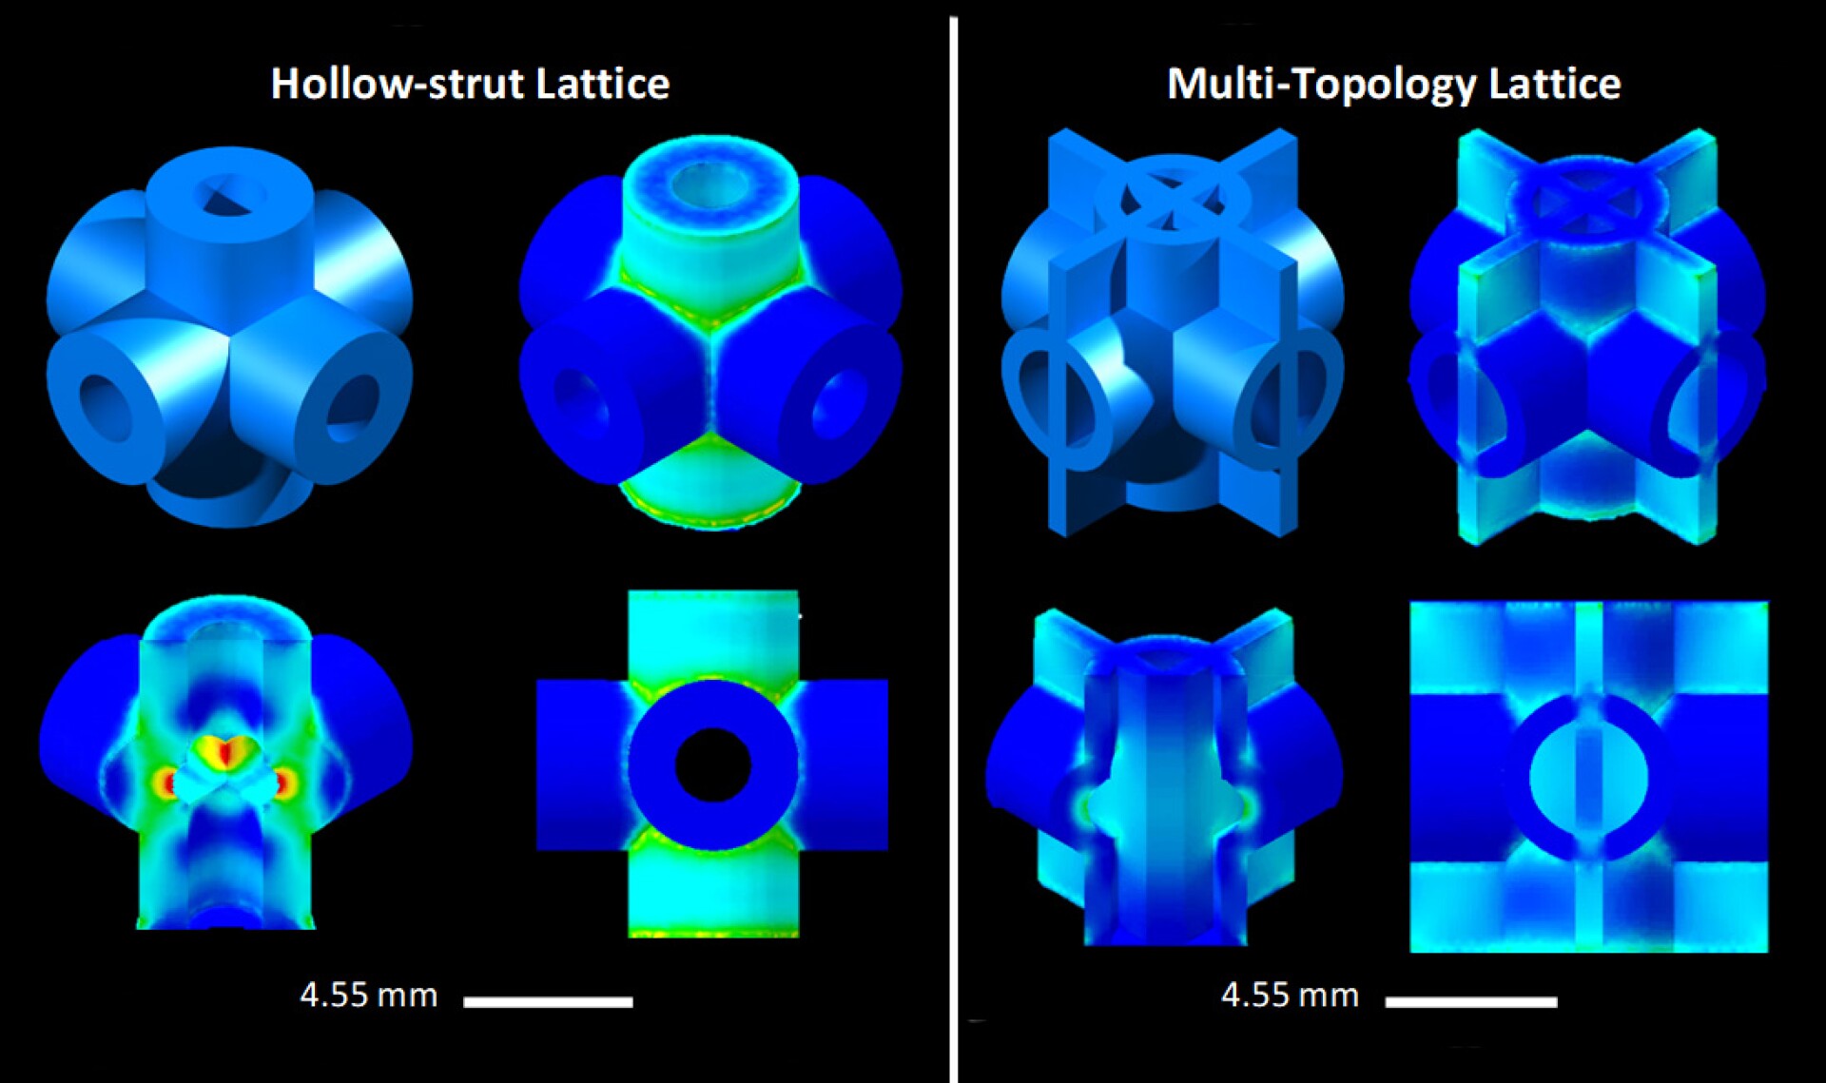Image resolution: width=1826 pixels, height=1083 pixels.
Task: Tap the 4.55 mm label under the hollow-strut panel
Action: click(369, 996)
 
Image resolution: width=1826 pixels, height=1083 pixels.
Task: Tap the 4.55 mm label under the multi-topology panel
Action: click(1290, 996)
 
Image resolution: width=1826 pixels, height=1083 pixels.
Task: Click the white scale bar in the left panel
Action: click(548, 1001)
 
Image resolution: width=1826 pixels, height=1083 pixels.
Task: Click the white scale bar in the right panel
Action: click(1470, 1001)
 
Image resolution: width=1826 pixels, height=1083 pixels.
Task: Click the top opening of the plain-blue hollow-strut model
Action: click(231, 195)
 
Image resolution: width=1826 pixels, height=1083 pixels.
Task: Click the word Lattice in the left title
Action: click(603, 84)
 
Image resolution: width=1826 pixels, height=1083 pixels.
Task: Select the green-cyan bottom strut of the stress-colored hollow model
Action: click(709, 485)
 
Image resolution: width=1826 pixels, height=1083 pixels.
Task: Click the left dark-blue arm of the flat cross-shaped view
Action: click(580, 764)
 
